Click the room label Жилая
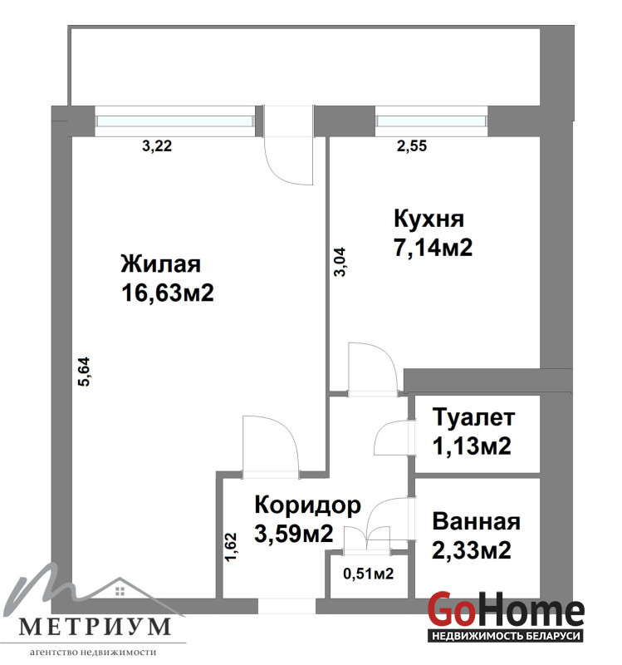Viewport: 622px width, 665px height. [160, 264]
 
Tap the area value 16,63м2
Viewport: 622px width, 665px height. [168, 293]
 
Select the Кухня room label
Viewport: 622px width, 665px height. [429, 219]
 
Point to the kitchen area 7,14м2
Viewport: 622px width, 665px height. [433, 248]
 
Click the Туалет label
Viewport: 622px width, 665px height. [473, 417]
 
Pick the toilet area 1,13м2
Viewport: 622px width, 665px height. [472, 446]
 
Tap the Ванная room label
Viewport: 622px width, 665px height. [476, 522]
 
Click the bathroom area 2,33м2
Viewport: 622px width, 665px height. [472, 550]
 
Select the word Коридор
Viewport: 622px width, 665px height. [307, 505]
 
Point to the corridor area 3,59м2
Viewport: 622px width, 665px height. [294, 534]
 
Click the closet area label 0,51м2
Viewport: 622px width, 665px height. [368, 574]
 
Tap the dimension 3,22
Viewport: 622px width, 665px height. [157, 146]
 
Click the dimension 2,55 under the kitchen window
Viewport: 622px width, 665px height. [411, 146]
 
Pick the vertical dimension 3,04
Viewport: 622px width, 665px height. [340, 262]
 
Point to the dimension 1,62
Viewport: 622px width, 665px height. [231, 547]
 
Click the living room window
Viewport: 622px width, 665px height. [175, 121]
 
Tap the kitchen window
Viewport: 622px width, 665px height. [431, 121]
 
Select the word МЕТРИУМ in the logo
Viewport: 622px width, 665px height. [95, 627]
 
